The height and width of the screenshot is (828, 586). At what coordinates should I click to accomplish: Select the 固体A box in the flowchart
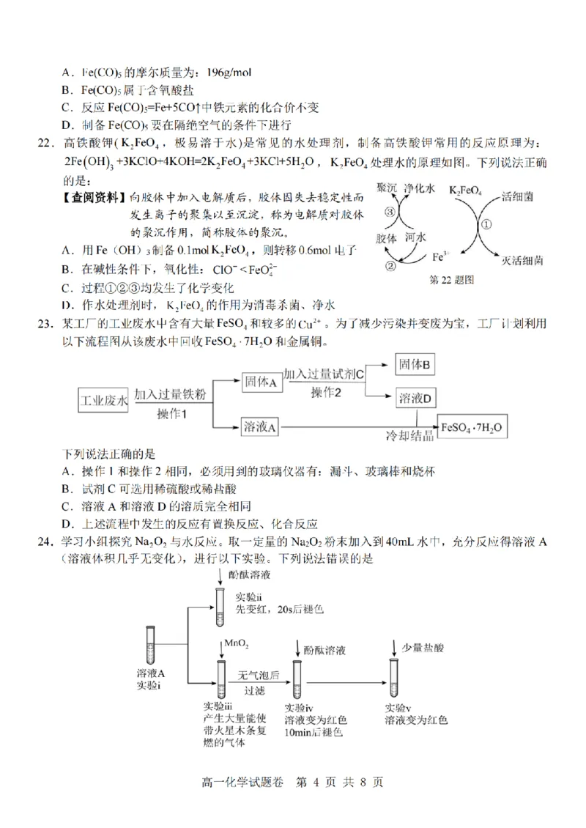tap(262, 382)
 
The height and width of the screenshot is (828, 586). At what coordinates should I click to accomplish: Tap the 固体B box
tap(415, 364)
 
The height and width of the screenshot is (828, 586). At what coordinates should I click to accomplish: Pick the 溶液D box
tap(415, 398)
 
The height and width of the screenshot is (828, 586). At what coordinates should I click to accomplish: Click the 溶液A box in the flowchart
tap(262, 427)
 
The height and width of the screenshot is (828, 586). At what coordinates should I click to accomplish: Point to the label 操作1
tap(173, 415)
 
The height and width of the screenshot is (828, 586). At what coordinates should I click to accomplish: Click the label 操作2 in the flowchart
tap(326, 393)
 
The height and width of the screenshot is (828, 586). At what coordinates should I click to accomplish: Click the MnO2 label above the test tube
tap(237, 643)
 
